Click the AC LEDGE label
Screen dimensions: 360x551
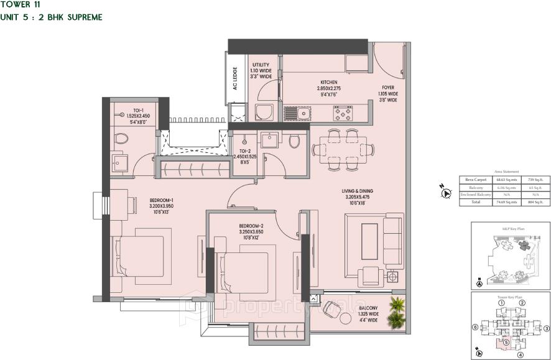click(x=236, y=79)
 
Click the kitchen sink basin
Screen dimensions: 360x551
click(x=303, y=113)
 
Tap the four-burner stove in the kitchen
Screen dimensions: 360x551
click(x=343, y=113)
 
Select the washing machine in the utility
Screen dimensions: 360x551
click(x=262, y=113)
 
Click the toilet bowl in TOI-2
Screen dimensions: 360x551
click(x=294, y=142)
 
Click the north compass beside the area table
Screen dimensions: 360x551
click(x=445, y=193)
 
